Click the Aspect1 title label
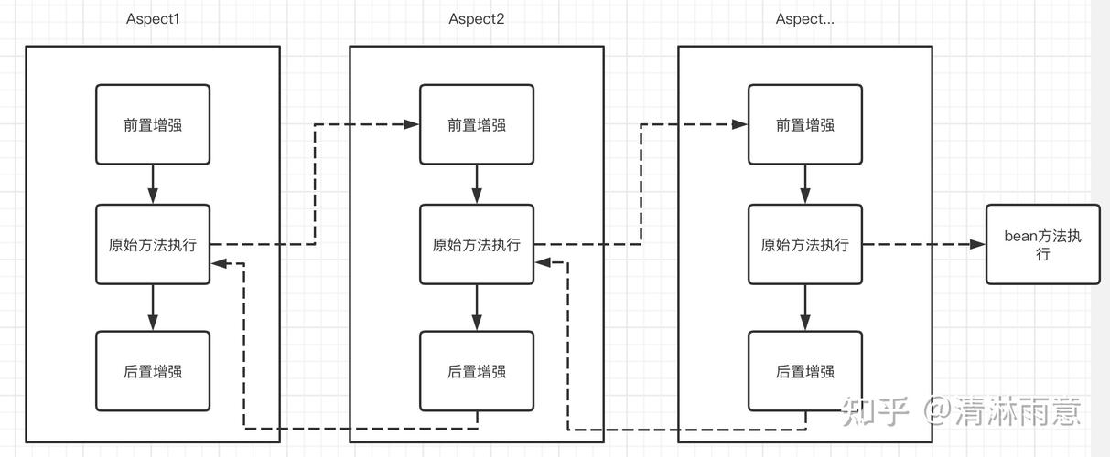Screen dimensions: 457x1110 [153, 19]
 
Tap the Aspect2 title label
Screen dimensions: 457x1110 [476, 19]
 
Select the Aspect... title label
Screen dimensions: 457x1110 [804, 19]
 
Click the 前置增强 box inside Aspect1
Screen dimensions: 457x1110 [153, 125]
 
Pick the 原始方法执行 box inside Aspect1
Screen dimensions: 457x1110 [153, 244]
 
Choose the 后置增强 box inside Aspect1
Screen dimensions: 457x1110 [153, 371]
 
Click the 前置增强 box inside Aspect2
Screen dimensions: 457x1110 [476, 125]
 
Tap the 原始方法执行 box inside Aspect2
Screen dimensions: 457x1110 [476, 244]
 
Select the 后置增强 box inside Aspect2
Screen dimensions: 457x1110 [476, 371]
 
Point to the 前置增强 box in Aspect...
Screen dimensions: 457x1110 [804, 125]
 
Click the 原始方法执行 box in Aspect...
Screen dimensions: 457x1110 [804, 244]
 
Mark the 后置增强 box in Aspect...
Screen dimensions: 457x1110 [804, 371]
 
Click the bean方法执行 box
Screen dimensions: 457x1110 [1042, 244]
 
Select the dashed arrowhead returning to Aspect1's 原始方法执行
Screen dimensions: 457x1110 [218, 263]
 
